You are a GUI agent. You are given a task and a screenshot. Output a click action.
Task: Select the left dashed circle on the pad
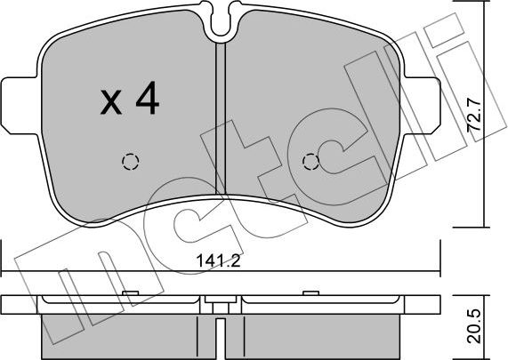(131, 161)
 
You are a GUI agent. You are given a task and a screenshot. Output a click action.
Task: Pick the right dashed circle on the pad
(310, 161)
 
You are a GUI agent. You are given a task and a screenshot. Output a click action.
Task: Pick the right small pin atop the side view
(310, 292)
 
